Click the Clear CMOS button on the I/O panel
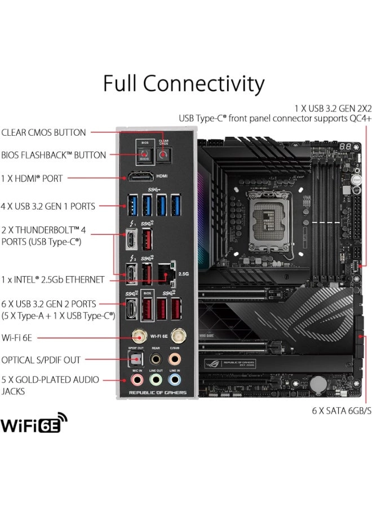(164, 154)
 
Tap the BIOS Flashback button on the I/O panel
(145, 155)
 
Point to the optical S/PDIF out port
(137, 359)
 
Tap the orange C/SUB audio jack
(175, 359)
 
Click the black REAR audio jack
(156, 359)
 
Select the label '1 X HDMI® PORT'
(32, 178)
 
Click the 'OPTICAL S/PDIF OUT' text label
(41, 360)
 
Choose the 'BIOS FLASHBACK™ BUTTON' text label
(54, 155)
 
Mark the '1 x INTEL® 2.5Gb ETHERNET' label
(52, 279)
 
